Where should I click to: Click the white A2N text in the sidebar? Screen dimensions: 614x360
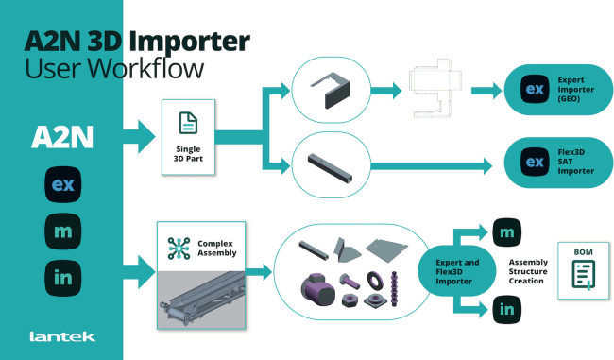click(x=62, y=137)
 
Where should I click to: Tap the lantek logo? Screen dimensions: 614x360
click(x=62, y=336)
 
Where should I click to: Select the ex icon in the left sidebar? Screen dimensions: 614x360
click(x=63, y=184)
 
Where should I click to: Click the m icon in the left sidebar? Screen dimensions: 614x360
click(x=63, y=231)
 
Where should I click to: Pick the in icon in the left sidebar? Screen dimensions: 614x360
click(x=63, y=278)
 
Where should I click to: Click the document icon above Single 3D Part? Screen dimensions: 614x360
click(x=188, y=123)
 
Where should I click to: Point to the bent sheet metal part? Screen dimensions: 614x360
click(x=332, y=90)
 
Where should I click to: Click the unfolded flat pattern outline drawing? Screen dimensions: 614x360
click(x=435, y=88)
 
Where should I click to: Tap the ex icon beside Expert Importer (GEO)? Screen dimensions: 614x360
click(x=535, y=89)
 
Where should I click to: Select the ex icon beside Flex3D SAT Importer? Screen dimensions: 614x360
click(x=535, y=162)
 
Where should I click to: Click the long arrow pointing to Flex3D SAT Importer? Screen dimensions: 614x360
click(x=431, y=166)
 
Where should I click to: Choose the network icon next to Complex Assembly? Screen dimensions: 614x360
click(x=179, y=249)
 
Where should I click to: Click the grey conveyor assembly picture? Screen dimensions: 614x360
click(x=201, y=300)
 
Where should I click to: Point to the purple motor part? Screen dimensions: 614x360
click(x=318, y=290)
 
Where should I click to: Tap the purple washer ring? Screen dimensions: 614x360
click(x=375, y=280)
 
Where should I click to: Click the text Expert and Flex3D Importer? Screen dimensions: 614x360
click(x=457, y=272)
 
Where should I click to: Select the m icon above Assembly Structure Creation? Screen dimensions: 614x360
click(x=506, y=232)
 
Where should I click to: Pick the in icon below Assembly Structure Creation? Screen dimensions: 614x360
click(x=506, y=310)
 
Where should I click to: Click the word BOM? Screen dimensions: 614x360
click(x=583, y=252)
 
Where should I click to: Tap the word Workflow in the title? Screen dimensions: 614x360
click(x=145, y=68)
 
